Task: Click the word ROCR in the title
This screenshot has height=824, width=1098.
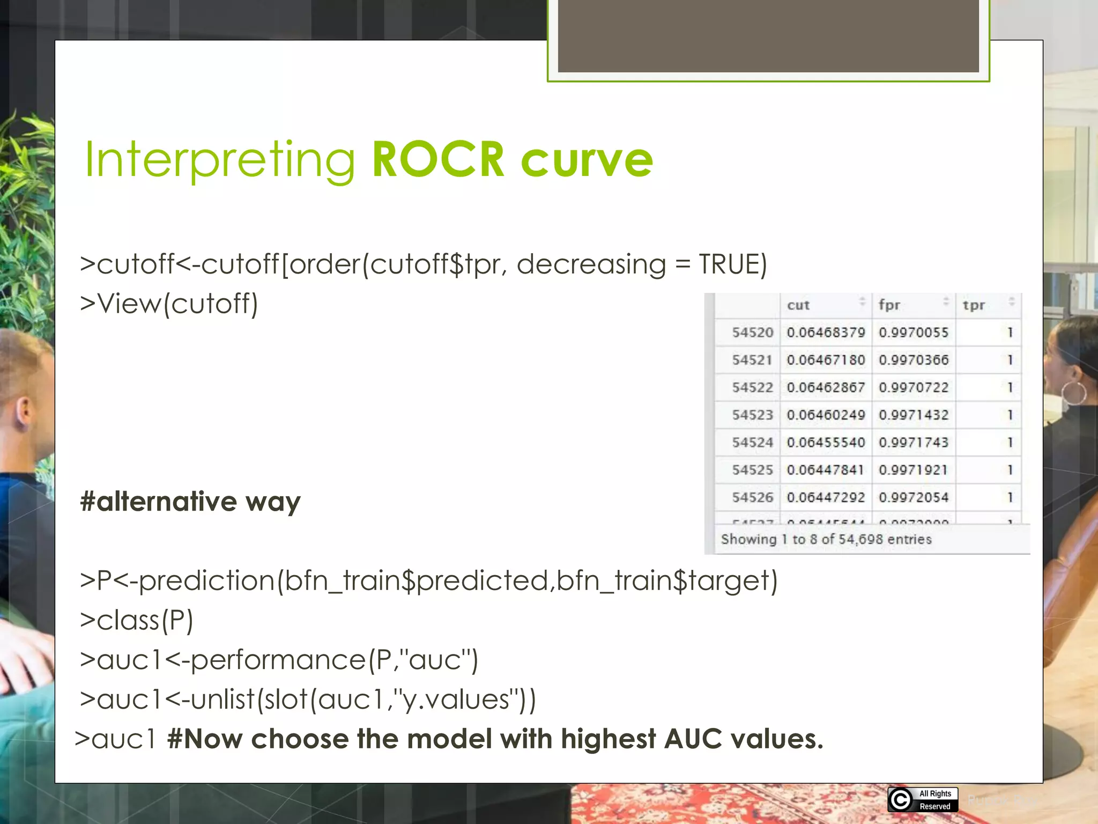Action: [438, 159]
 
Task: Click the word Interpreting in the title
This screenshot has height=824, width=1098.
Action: [220, 159]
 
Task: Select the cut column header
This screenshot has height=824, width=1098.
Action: [798, 305]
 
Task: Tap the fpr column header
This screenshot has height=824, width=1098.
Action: [889, 305]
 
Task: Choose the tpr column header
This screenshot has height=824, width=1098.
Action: [974, 305]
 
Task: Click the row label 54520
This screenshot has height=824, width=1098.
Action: [752, 333]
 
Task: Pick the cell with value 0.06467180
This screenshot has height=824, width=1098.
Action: [826, 360]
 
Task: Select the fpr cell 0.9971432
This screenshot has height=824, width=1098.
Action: [914, 415]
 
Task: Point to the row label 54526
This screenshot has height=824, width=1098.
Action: [752, 497]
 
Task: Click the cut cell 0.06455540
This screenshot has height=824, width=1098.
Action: [826, 443]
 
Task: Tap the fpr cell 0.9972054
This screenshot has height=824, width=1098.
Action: [914, 497]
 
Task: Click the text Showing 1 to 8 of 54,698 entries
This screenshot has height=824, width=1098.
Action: [826, 539]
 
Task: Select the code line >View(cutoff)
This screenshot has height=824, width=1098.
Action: [169, 304]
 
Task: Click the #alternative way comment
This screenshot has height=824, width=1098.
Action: [190, 502]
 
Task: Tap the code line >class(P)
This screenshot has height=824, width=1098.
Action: [137, 621]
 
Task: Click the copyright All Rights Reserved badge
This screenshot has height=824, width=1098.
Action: [923, 799]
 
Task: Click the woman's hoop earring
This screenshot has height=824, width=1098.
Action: [1074, 393]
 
